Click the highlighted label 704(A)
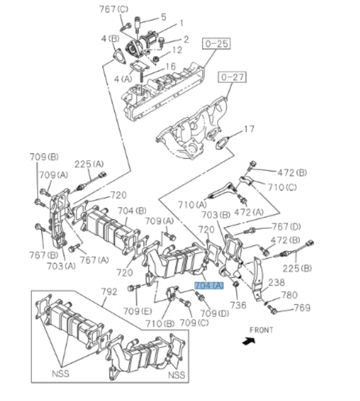pyautogui.click(x=209, y=286)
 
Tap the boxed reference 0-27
pyautogui.click(x=232, y=78)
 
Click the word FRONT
pyautogui.click(x=262, y=330)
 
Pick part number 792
pyautogui.click(x=107, y=291)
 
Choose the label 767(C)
pyautogui.click(x=114, y=9)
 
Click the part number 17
pyautogui.click(x=249, y=129)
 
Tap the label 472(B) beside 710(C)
pyautogui.click(x=292, y=172)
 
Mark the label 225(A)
pyautogui.click(x=89, y=164)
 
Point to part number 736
pyautogui.click(x=238, y=305)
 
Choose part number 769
pyautogui.click(x=302, y=308)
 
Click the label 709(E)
pyautogui.click(x=137, y=312)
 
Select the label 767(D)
pyautogui.click(x=287, y=227)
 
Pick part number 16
pyautogui.click(x=170, y=66)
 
